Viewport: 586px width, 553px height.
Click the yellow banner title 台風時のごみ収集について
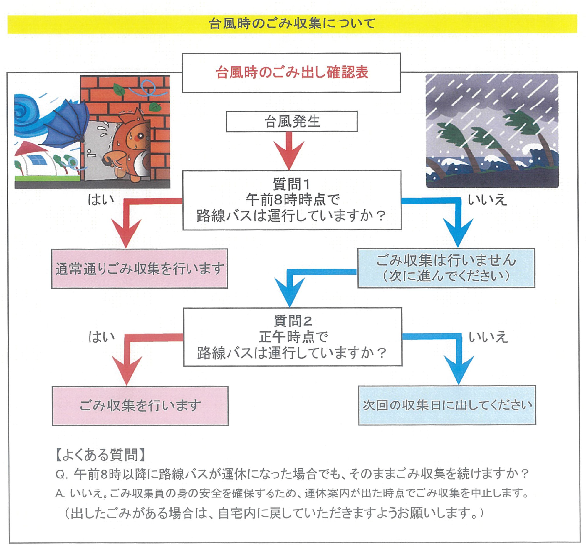pos(292,23)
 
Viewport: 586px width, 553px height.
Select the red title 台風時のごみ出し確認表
pos(291,72)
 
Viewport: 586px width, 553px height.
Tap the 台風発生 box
pos(292,121)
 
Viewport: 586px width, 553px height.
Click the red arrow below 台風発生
pos(288,150)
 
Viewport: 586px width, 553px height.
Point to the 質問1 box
pos(292,199)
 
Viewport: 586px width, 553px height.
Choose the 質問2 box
pos(292,337)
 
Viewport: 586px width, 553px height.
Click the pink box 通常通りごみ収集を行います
pos(139,269)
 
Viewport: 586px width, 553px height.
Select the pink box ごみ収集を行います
pos(140,405)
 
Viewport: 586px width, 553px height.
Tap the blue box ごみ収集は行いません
pos(446,268)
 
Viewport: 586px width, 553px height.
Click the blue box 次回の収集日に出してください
pos(447,404)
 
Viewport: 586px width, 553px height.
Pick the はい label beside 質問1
pos(102,200)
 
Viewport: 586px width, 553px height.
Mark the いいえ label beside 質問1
pos(487,200)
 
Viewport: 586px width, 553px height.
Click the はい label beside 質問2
pos(102,337)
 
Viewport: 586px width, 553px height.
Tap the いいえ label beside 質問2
pos(488,337)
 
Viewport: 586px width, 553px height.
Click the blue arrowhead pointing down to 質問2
pos(290,292)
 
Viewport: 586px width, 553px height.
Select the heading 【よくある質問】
pos(101,455)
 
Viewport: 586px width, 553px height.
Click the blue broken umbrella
pos(66,123)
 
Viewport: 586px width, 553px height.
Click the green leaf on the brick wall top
pos(119,90)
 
